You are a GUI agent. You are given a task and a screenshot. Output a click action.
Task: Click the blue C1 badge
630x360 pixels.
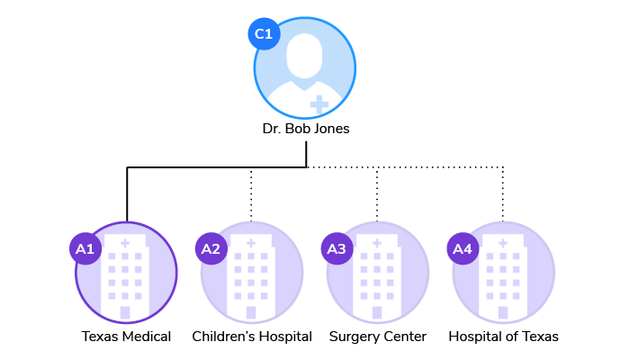coord(264,34)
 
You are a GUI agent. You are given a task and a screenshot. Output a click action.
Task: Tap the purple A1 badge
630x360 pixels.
coord(85,248)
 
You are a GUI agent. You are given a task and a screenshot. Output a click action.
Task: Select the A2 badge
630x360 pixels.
coord(211,248)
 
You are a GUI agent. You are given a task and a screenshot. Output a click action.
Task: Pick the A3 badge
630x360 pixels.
coord(337,248)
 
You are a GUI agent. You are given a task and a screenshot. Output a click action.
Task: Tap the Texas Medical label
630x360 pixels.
coord(126,337)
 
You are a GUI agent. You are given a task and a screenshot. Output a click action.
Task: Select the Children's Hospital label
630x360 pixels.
coord(252,337)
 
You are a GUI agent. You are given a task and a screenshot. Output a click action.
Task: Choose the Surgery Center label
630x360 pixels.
coord(378,337)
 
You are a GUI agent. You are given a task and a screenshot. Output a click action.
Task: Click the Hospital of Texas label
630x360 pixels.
coord(503,337)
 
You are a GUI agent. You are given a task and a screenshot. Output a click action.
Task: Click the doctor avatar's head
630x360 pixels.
coord(306,56)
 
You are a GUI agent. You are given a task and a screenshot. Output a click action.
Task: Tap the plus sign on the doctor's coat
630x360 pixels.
coord(319,103)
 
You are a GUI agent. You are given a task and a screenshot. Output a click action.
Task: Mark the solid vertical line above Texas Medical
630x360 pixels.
coord(127,193)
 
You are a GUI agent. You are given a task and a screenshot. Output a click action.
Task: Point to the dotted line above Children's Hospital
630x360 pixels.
coord(252,193)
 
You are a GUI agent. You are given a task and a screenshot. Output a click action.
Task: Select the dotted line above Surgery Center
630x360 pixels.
coord(378,193)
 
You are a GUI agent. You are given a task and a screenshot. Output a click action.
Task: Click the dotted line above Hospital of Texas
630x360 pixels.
coord(503,193)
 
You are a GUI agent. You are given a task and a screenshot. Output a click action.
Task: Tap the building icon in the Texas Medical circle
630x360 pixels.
coord(126,274)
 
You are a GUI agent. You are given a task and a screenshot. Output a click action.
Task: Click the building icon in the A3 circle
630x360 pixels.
coord(378,274)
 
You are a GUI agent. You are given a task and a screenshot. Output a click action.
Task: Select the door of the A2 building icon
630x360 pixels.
coord(252,312)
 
